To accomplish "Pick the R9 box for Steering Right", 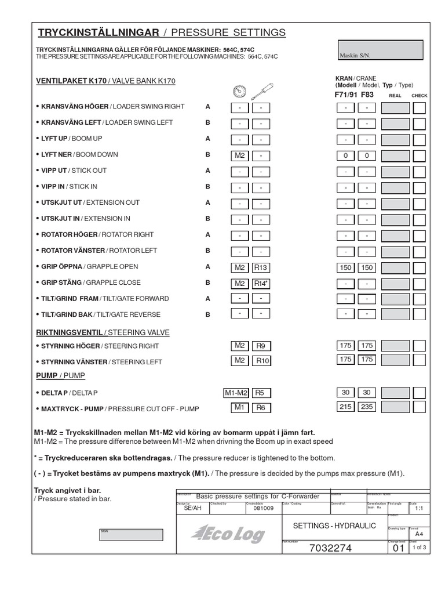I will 261,346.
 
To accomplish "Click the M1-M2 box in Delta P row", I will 236,393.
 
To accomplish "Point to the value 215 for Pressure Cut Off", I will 346,407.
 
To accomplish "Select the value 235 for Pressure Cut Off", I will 367,407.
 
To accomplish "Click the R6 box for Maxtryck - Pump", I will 261,408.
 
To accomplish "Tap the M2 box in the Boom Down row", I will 240,155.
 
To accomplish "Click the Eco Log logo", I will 231,533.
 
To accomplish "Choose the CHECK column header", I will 419,96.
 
